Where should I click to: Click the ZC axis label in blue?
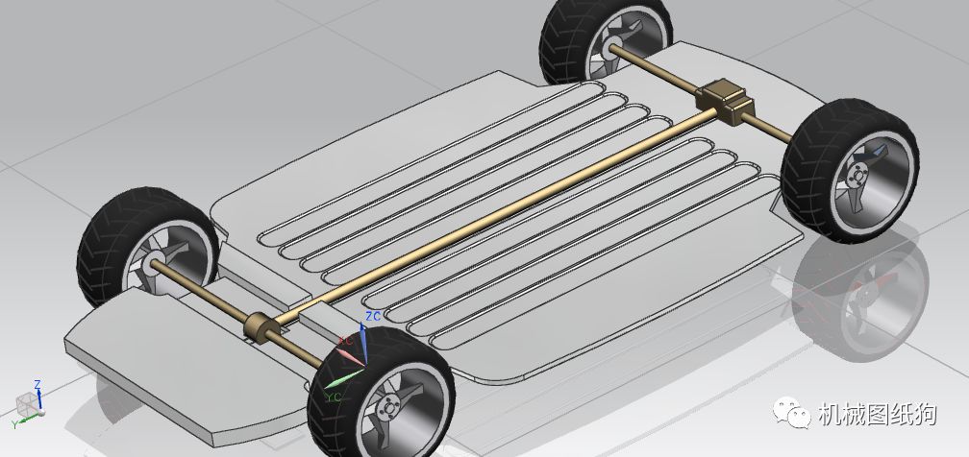pos(373,317)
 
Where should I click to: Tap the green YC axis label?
pos(334,397)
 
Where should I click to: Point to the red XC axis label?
pos(345,340)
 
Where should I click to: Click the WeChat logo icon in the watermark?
pos(791,412)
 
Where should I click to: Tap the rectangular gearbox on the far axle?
pos(724,99)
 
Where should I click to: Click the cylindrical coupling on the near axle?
pos(258,326)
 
